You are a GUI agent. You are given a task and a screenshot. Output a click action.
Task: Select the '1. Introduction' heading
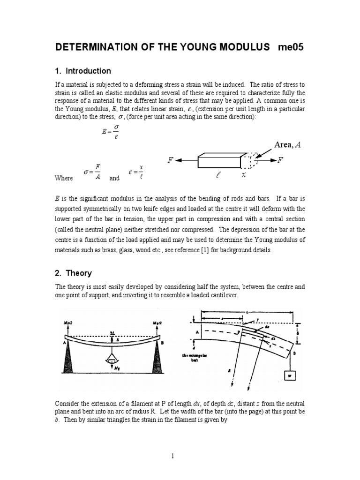pyautogui.click(x=82, y=71)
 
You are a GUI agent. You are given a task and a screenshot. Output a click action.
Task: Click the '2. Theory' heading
pyautogui.click(x=73, y=273)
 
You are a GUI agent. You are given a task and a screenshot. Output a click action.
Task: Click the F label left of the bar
pyautogui.click(x=171, y=160)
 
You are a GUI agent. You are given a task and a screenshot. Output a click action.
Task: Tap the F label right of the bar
pyautogui.click(x=280, y=160)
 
